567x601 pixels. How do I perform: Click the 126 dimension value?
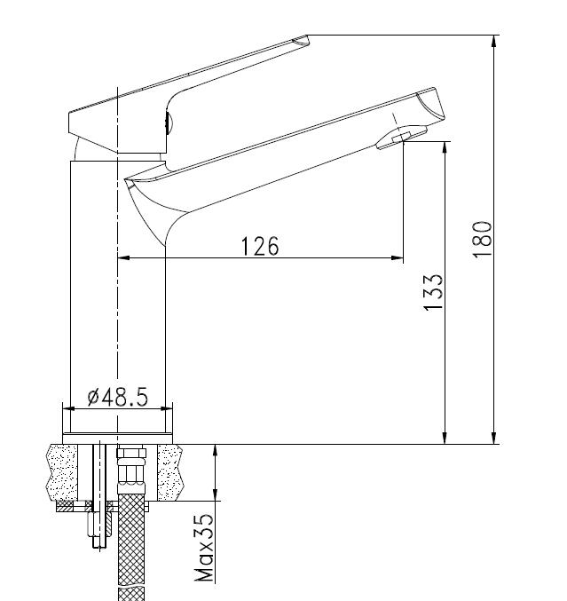tap(259, 246)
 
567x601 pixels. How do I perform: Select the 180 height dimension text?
tap(482, 239)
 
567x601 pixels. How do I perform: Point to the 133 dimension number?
tap(433, 292)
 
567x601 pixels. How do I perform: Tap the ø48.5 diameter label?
tap(117, 396)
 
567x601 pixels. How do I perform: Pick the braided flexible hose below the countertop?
tap(131, 542)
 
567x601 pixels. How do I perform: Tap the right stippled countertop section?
tap(170, 471)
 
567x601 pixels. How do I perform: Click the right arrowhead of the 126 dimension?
tap(398, 258)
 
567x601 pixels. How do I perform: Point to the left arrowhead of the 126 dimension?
tap(123, 258)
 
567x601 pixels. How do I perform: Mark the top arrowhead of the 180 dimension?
tap(494, 40)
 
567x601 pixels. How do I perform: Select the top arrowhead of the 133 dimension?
tap(444, 145)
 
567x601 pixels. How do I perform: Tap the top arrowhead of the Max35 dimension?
tap(215, 449)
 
